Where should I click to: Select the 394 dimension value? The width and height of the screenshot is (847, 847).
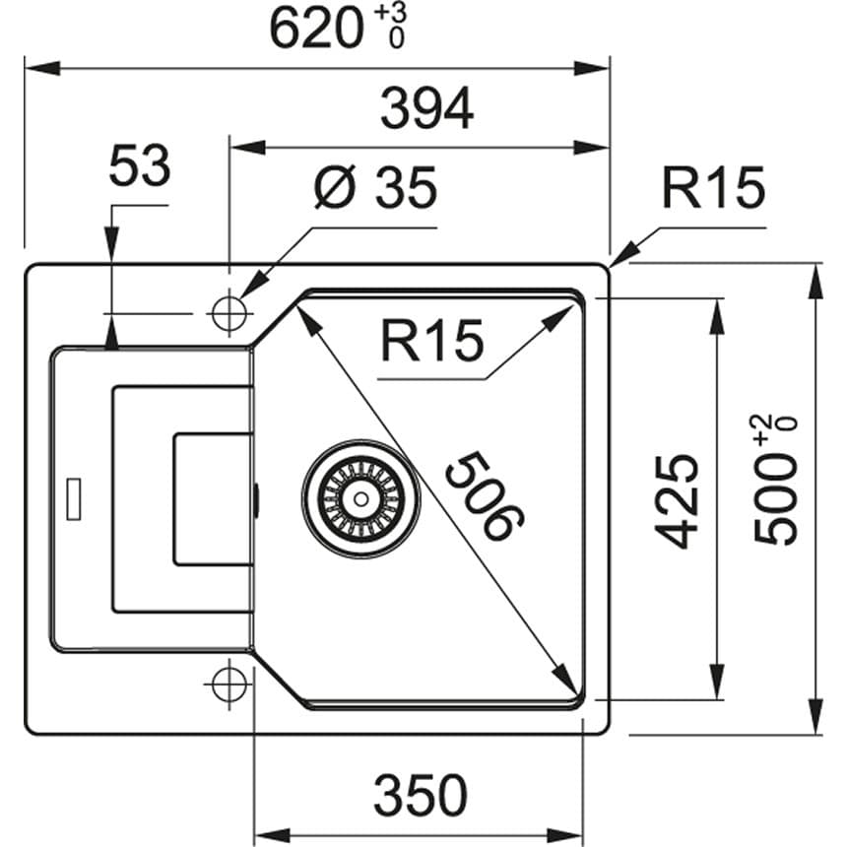(427, 109)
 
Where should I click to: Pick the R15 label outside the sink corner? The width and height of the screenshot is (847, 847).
(712, 188)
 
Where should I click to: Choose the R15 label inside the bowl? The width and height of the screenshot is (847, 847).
(432, 342)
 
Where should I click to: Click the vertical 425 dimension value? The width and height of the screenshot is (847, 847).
(678, 500)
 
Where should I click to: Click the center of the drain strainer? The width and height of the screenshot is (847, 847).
(360, 498)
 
